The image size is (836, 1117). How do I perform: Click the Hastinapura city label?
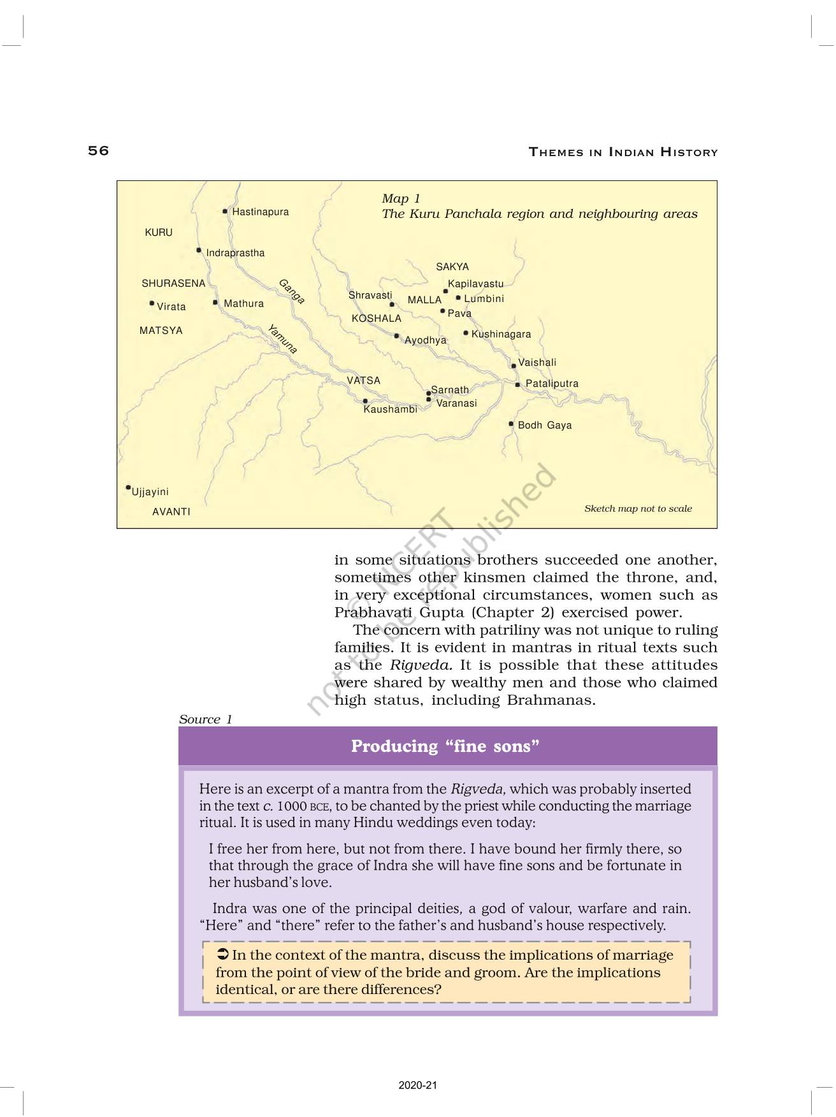[x=260, y=212]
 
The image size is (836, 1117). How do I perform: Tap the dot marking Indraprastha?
[x=199, y=250]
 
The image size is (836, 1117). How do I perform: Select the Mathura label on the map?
[x=243, y=304]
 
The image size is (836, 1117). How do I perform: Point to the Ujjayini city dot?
[x=128, y=488]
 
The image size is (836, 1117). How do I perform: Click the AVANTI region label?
[x=171, y=512]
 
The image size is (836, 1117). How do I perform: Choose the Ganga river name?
[x=291, y=291]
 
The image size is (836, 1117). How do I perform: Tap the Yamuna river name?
[x=282, y=339]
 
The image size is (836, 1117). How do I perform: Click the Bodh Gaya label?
[x=544, y=426]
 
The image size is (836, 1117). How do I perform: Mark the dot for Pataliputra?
[x=517, y=384]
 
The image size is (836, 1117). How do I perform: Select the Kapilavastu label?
[x=475, y=284]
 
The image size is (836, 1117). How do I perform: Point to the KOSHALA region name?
[x=377, y=319]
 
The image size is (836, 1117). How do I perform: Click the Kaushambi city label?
[x=390, y=409]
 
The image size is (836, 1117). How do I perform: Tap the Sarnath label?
[x=450, y=390]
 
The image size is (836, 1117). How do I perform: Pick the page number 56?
[x=99, y=151]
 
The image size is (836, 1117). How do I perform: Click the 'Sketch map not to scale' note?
[x=638, y=508]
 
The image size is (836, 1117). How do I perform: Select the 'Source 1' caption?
[x=205, y=719]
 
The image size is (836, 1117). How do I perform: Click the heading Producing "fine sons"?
[x=445, y=746]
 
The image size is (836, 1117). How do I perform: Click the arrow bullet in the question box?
[x=222, y=955]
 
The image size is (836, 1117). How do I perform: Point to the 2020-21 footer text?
[x=418, y=1085]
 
